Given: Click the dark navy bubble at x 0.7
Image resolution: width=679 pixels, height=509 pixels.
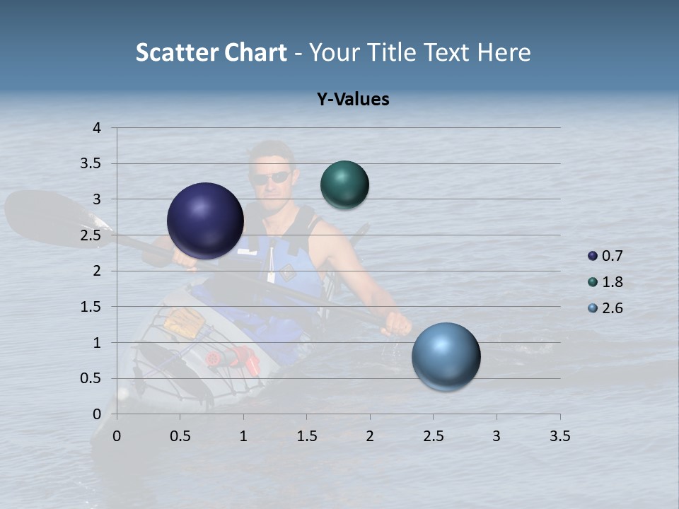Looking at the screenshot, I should click(206, 221).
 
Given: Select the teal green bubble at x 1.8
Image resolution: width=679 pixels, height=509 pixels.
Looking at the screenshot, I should click(345, 185).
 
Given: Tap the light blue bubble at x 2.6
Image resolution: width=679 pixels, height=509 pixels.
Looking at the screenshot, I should click(446, 356).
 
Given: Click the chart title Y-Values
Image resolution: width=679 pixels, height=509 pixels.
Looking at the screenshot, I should click(353, 99).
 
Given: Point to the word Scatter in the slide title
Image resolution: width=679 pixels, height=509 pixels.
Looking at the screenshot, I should click(177, 52).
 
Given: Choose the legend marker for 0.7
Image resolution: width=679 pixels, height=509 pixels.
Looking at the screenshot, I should click(593, 256).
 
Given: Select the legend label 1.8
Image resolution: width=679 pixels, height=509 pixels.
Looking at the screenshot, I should click(612, 282).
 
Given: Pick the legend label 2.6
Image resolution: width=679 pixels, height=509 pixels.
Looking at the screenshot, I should click(612, 308).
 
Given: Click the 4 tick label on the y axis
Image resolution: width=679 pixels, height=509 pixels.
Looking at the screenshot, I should click(97, 128).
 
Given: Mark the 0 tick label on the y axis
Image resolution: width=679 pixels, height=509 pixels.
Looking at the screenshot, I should click(97, 414).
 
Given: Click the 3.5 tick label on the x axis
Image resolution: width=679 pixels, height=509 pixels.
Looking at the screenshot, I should click(559, 436).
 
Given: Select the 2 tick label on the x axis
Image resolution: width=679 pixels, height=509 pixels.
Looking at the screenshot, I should click(370, 436).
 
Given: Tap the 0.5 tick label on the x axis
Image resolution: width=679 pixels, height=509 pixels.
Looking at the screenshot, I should click(180, 436).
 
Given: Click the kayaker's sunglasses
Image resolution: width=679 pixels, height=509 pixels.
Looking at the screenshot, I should click(272, 177).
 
